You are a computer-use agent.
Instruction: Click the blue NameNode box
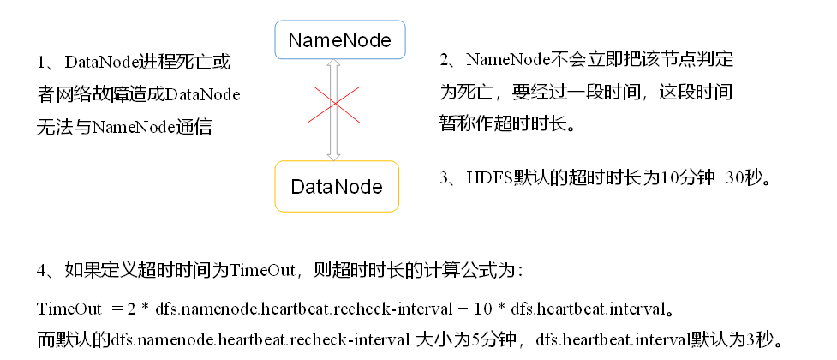(x=339, y=40)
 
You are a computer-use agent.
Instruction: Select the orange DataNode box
(x=336, y=186)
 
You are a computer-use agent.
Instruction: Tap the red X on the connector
(x=334, y=105)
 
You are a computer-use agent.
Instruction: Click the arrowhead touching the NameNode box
(x=334, y=67)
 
